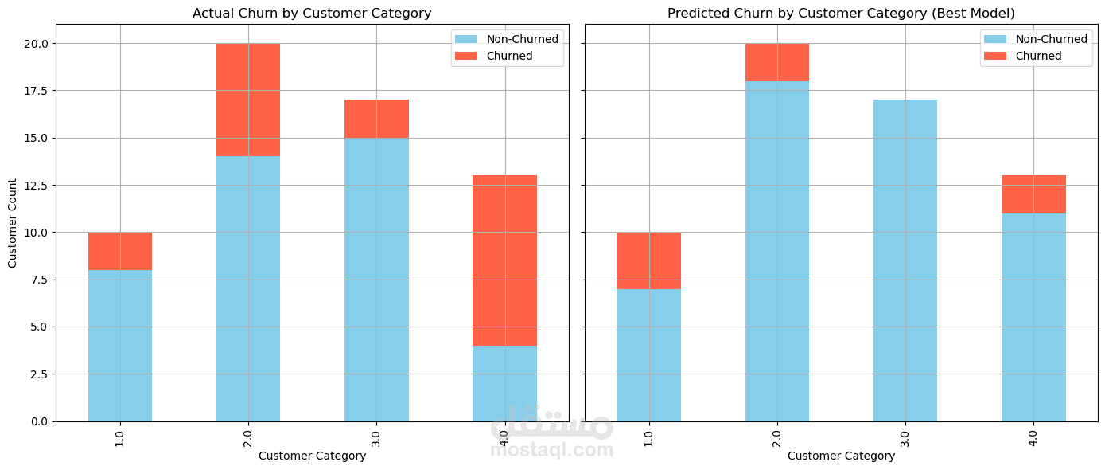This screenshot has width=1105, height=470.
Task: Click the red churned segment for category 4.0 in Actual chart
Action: coord(504,260)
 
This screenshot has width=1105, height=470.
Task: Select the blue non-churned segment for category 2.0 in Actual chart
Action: coord(248,288)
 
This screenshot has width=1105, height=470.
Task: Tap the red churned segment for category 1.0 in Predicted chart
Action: coord(648,260)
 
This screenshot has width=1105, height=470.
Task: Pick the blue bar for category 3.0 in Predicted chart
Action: coord(905,260)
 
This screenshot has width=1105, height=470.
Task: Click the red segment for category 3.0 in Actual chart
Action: coord(376,119)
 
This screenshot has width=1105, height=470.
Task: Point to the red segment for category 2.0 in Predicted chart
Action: coord(777,62)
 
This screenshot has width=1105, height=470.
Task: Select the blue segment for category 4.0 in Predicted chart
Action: coord(1033,317)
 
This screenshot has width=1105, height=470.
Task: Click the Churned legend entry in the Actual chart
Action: coord(509,56)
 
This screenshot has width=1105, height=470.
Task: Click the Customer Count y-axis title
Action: coord(13,222)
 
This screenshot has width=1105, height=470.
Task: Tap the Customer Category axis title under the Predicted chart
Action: coord(841,456)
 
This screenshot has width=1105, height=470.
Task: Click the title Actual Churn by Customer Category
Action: coord(312,13)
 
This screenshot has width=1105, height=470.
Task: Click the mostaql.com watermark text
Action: coord(552,450)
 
